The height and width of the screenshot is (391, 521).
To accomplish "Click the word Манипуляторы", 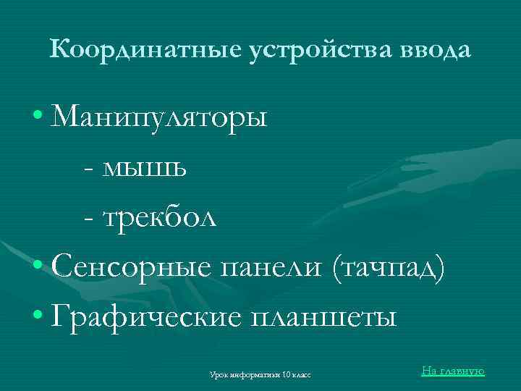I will click(160, 117).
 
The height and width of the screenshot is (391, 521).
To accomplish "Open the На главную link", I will click(452, 371).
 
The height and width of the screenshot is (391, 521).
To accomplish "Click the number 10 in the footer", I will click(287, 375).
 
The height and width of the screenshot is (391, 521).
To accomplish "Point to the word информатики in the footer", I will click(253, 375).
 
